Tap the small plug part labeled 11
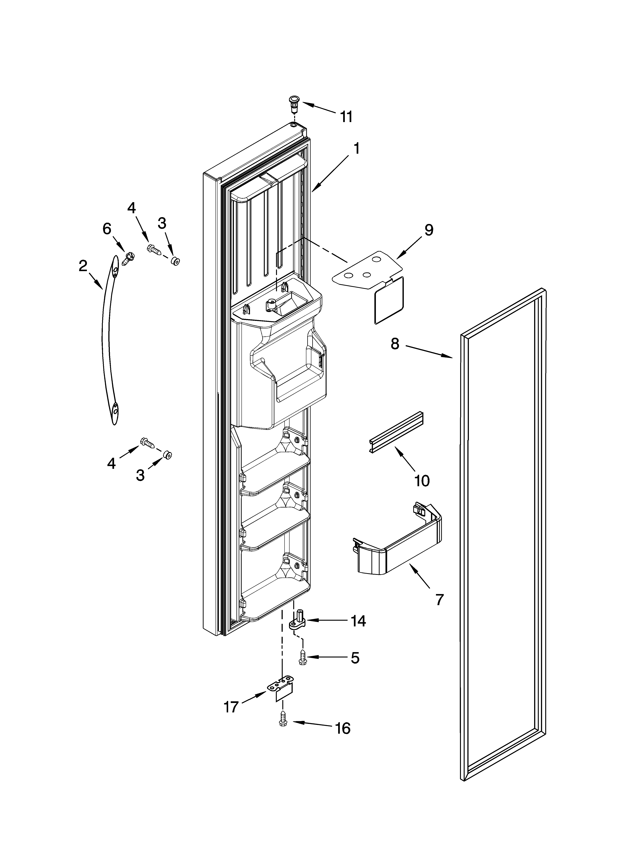tap(293, 102)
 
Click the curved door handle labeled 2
tap(107, 339)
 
